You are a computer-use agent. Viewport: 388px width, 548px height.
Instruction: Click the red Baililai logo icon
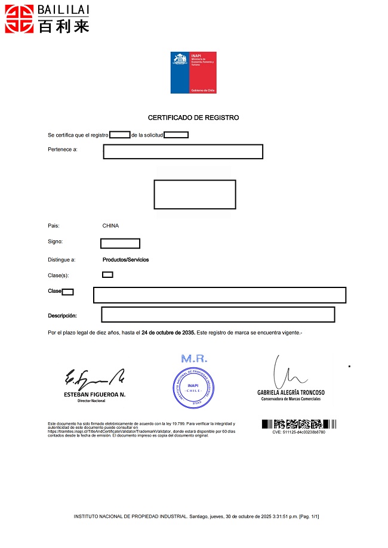pyautogui.click(x=18, y=18)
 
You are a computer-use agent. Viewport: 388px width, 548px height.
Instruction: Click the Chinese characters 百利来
pyautogui.click(x=63, y=26)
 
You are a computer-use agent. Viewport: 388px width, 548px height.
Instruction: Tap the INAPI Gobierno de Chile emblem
pyautogui.click(x=193, y=72)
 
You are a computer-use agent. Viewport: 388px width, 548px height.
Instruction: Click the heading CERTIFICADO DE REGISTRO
pyautogui.click(x=193, y=117)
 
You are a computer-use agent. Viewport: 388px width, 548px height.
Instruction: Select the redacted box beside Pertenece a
pyautogui.click(x=183, y=151)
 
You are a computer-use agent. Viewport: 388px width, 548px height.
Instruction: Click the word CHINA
pyautogui.click(x=110, y=226)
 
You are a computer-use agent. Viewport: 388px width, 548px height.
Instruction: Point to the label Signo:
pyautogui.click(x=55, y=242)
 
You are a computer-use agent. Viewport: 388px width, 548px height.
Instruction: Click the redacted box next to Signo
pyautogui.click(x=120, y=243)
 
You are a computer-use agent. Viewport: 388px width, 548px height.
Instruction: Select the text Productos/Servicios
pyautogui.click(x=125, y=260)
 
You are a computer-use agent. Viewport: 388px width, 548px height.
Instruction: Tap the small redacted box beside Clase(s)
pyautogui.click(x=107, y=275)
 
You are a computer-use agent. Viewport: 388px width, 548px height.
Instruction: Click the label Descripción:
pyautogui.click(x=62, y=315)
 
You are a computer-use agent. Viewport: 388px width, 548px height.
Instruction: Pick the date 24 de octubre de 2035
pyautogui.click(x=168, y=333)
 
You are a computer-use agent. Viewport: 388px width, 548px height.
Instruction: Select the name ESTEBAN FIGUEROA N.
pyautogui.click(x=94, y=395)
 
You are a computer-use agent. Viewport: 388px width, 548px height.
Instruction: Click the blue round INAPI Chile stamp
pyautogui.click(x=193, y=388)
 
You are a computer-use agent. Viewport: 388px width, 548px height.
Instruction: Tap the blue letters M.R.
pyautogui.click(x=193, y=359)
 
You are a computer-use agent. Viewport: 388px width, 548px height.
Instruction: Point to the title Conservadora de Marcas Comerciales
pyautogui.click(x=291, y=399)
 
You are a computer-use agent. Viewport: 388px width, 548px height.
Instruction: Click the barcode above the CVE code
pyautogui.click(x=298, y=425)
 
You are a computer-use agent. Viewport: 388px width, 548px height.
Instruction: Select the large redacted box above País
pyautogui.click(x=195, y=194)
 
